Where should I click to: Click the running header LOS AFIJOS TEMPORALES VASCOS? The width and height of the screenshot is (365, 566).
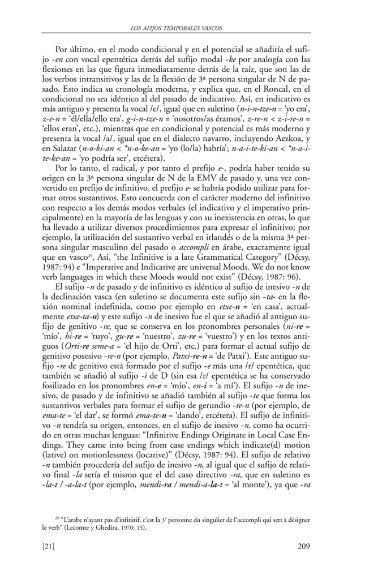pos(182,27)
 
